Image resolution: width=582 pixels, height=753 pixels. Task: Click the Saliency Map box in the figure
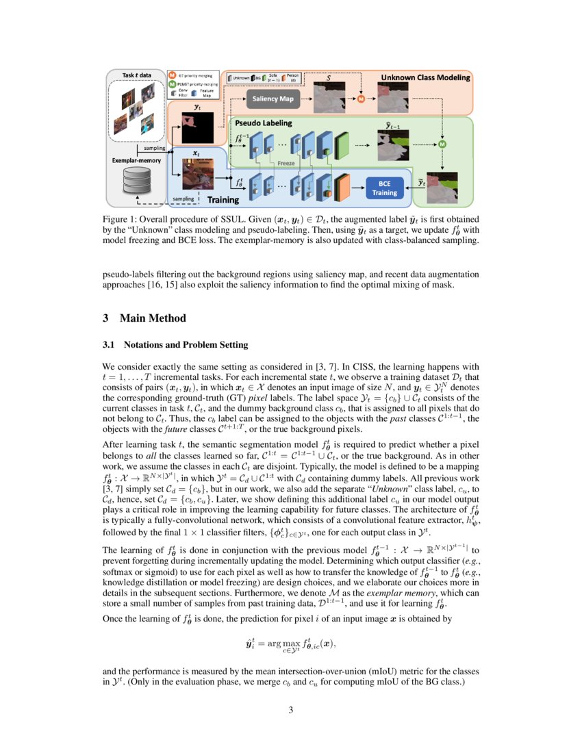[273, 99]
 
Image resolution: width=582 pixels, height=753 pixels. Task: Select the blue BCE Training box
[384, 188]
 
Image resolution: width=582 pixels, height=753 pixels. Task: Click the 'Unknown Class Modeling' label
[426, 77]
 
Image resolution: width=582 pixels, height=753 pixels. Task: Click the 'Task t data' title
[137, 75]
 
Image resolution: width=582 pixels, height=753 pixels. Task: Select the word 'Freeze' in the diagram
[286, 164]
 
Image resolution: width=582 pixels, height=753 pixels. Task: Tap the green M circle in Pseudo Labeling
[442, 144]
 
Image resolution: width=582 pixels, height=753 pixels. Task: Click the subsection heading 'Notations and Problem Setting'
[185, 344]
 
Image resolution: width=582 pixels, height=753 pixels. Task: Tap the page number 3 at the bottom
[290, 710]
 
